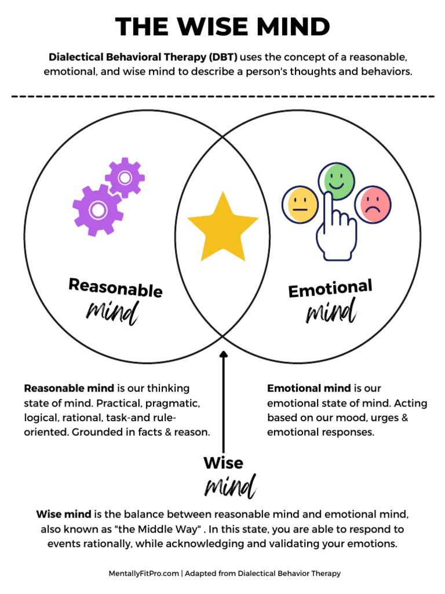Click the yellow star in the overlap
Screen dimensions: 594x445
coord(223,228)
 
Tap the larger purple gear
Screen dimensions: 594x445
coord(97,209)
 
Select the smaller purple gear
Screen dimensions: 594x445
coord(125,177)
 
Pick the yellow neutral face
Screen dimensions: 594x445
coord(300,204)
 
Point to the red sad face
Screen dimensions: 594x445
coord(373,204)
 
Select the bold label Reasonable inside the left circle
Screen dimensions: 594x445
coord(115,287)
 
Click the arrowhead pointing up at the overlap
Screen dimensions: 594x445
coord(224,353)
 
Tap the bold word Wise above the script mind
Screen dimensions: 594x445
coord(223,463)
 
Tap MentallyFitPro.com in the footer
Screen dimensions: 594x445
coord(144,573)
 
